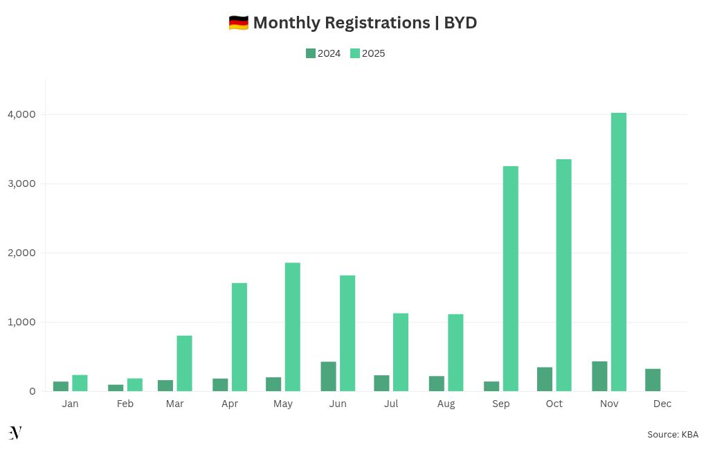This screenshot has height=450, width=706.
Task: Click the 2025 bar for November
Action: click(x=618, y=252)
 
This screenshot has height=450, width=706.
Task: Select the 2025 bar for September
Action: click(x=510, y=278)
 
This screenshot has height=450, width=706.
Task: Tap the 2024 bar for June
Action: click(x=328, y=377)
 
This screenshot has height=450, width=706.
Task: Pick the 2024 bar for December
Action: click(x=652, y=380)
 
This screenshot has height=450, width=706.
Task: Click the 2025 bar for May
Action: click(x=292, y=327)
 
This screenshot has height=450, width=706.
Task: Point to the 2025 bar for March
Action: click(x=184, y=363)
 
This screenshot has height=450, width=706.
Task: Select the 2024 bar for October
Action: click(x=545, y=379)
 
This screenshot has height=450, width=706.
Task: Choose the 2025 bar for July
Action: click(x=401, y=352)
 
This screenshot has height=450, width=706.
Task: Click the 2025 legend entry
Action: click(x=368, y=53)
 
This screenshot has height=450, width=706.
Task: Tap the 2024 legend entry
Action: click(x=323, y=53)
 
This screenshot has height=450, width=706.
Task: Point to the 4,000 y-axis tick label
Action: click(x=23, y=114)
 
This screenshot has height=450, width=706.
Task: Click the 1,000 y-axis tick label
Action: click(x=23, y=322)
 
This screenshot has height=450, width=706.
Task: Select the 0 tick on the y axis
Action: click(x=32, y=391)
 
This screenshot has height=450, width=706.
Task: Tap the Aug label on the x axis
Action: click(x=446, y=404)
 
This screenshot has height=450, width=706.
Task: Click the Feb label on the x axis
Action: click(x=125, y=404)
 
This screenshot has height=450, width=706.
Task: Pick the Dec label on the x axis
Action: click(x=662, y=404)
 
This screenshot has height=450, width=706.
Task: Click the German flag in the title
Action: click(x=238, y=23)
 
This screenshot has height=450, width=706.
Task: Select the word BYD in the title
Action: click(x=460, y=23)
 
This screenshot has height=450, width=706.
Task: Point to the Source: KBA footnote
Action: click(x=672, y=434)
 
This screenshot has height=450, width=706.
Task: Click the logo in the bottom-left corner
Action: click(x=15, y=433)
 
